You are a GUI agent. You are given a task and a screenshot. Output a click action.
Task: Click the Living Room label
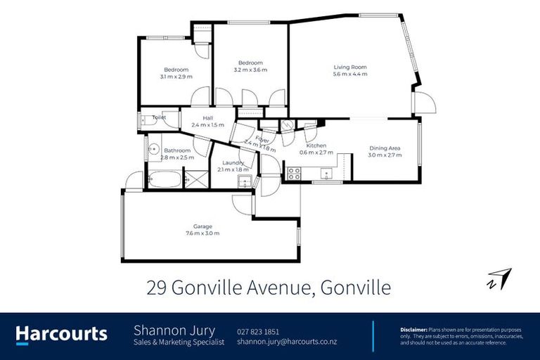(x=349, y=67)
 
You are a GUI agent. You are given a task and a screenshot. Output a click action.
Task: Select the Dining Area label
(x=385, y=148)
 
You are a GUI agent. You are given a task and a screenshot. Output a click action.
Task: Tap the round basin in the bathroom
(x=151, y=149)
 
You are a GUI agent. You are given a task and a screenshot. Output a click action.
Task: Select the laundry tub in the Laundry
(x=243, y=182)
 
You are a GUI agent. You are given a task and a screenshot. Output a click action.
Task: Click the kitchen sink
(x=326, y=173)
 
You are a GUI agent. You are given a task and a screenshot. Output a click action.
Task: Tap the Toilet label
(x=159, y=117)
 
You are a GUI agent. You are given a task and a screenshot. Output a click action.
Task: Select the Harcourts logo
(x=61, y=334)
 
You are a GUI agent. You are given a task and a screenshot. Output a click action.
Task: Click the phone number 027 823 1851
(x=258, y=331)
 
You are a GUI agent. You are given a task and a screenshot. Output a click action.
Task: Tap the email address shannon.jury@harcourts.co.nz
(x=286, y=342)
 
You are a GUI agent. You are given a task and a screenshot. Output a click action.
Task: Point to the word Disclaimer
(x=413, y=328)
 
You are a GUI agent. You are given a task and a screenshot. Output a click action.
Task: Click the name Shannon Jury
(x=174, y=330)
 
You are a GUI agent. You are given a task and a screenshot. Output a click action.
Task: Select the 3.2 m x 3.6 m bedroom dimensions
(x=250, y=70)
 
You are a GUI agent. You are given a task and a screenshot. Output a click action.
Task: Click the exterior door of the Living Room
(x=424, y=104)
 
